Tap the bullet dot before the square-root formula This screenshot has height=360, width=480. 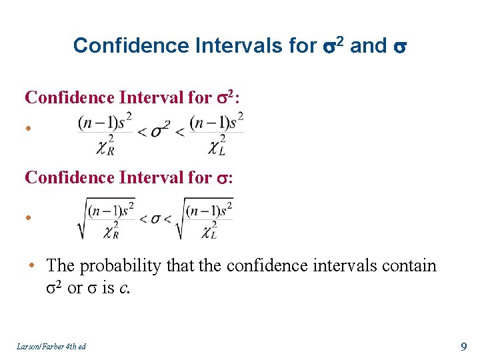29,217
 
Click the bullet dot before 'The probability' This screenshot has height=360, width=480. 31,266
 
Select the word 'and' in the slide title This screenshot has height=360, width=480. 368,45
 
